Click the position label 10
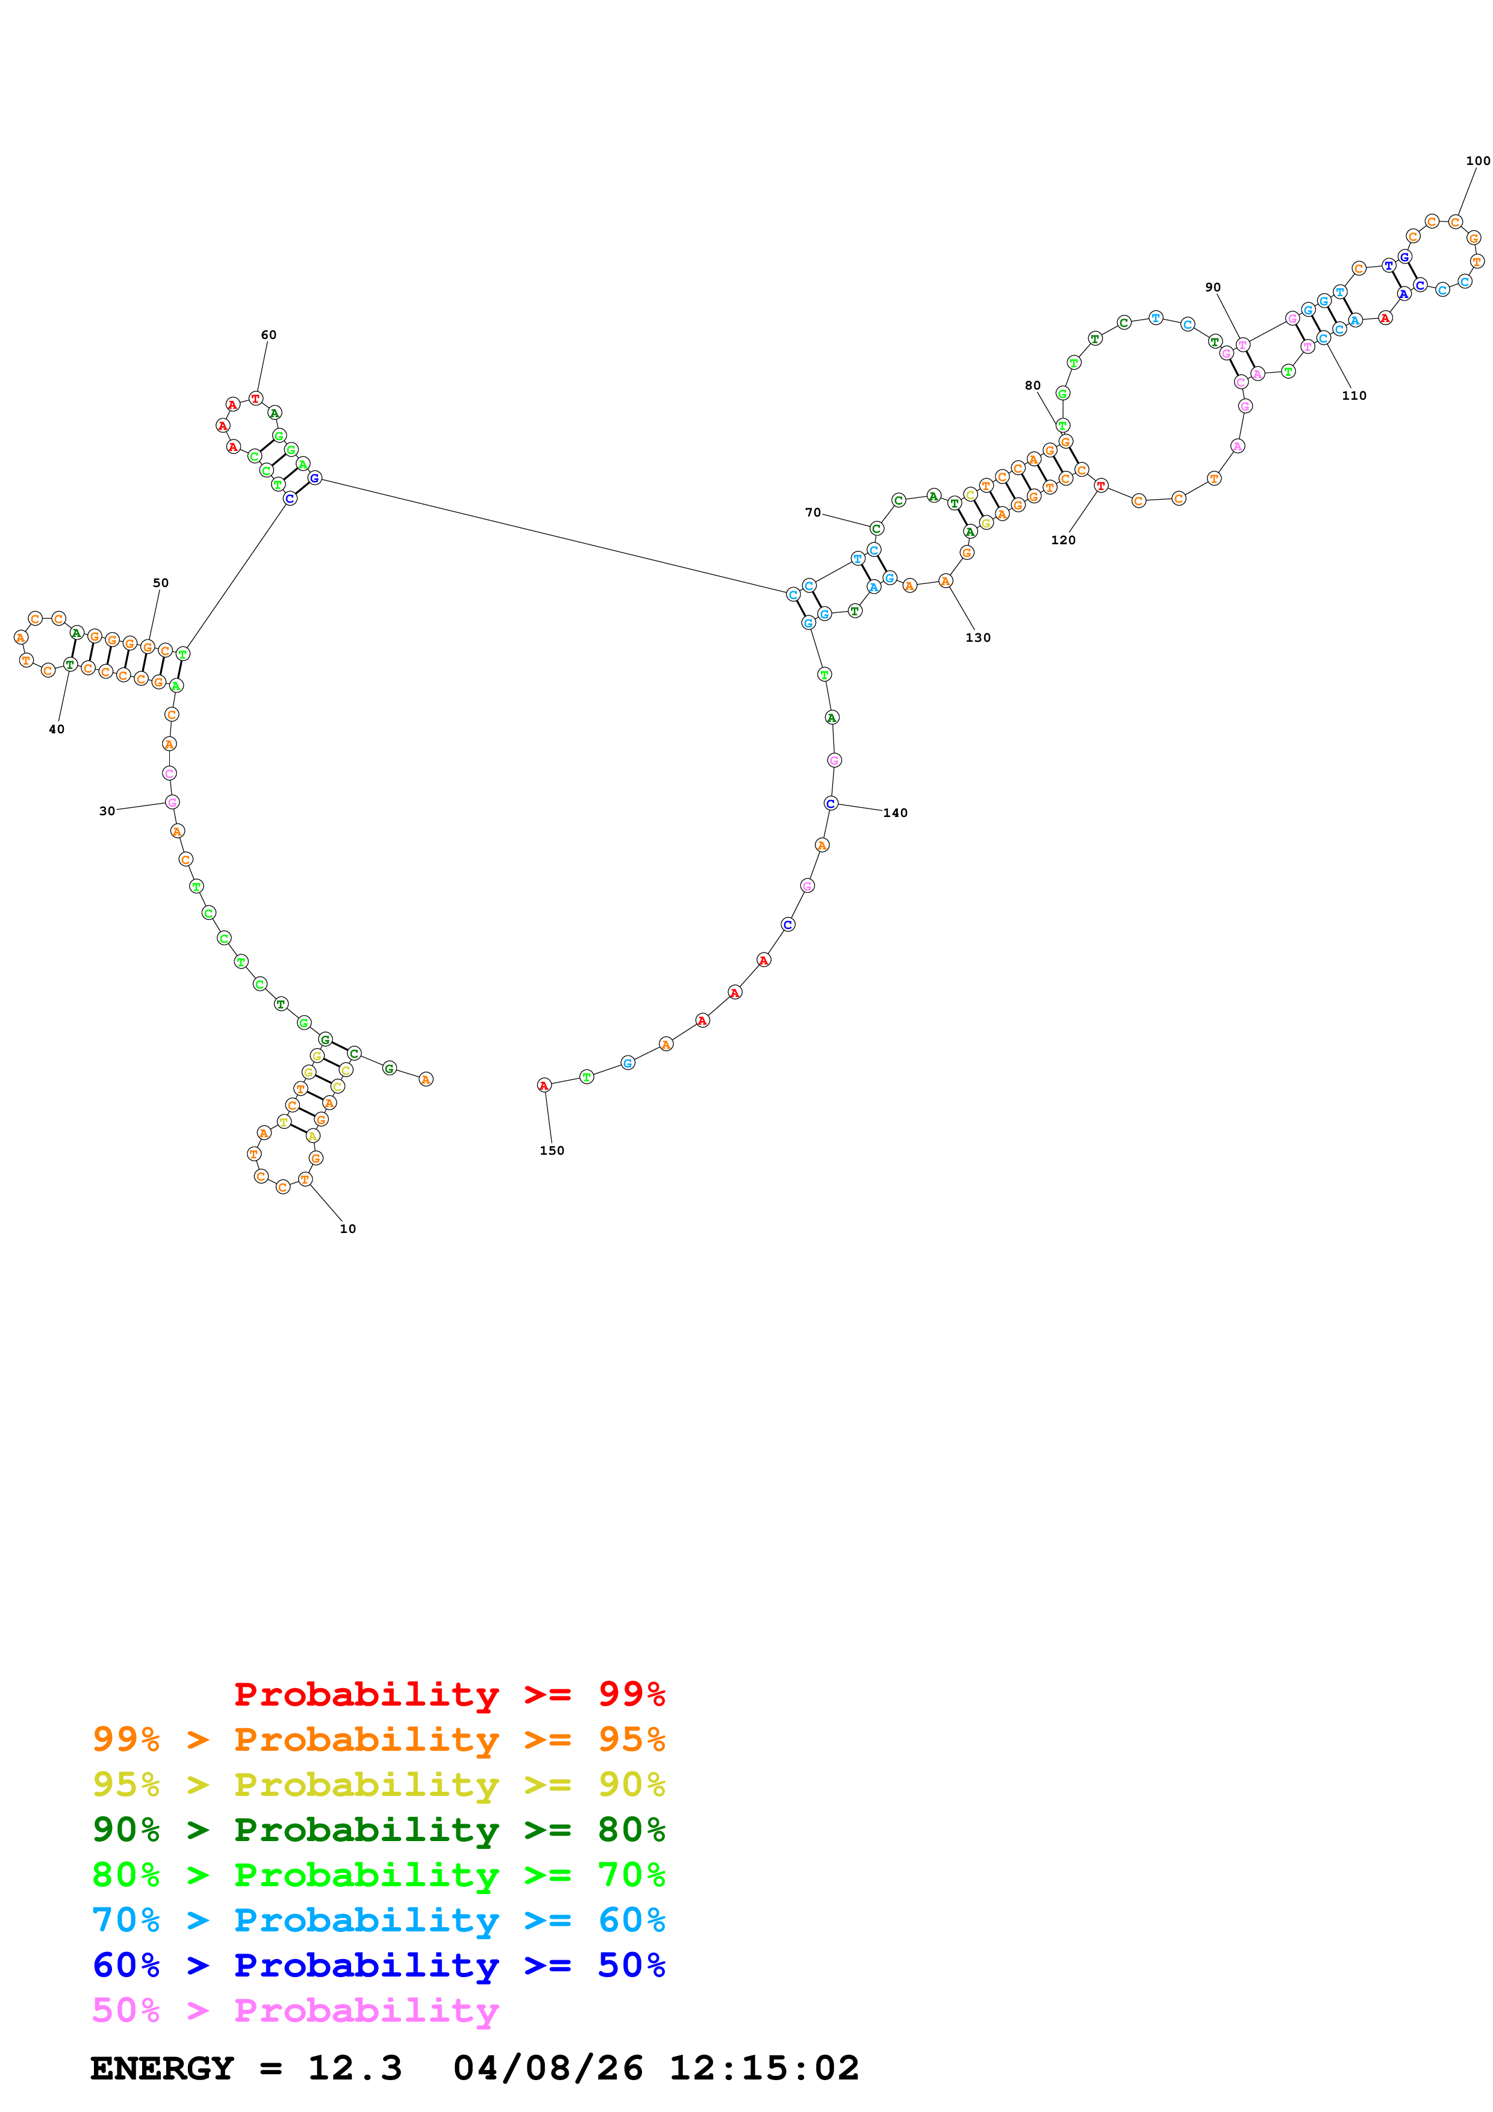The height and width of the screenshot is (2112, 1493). (x=348, y=1229)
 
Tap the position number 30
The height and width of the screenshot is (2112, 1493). (x=107, y=812)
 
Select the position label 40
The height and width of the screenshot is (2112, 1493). (x=56, y=730)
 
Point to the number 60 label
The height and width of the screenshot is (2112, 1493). (x=269, y=335)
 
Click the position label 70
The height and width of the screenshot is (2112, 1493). (x=812, y=512)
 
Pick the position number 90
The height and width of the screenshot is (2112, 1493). (x=1214, y=287)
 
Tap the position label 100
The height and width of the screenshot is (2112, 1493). (x=1477, y=161)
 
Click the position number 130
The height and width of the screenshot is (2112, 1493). (x=978, y=638)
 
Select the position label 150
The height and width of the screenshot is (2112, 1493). (x=552, y=1151)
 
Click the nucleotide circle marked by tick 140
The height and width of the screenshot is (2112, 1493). (x=831, y=803)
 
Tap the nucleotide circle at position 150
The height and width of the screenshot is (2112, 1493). (x=544, y=1086)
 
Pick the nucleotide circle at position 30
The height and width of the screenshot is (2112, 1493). (x=172, y=802)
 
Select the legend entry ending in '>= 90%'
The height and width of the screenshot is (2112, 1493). (x=378, y=1784)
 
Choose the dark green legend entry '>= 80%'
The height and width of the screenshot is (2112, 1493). (x=378, y=1830)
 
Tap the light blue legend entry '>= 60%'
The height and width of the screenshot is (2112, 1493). (x=378, y=1920)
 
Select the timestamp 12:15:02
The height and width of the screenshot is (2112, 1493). (x=764, y=2068)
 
